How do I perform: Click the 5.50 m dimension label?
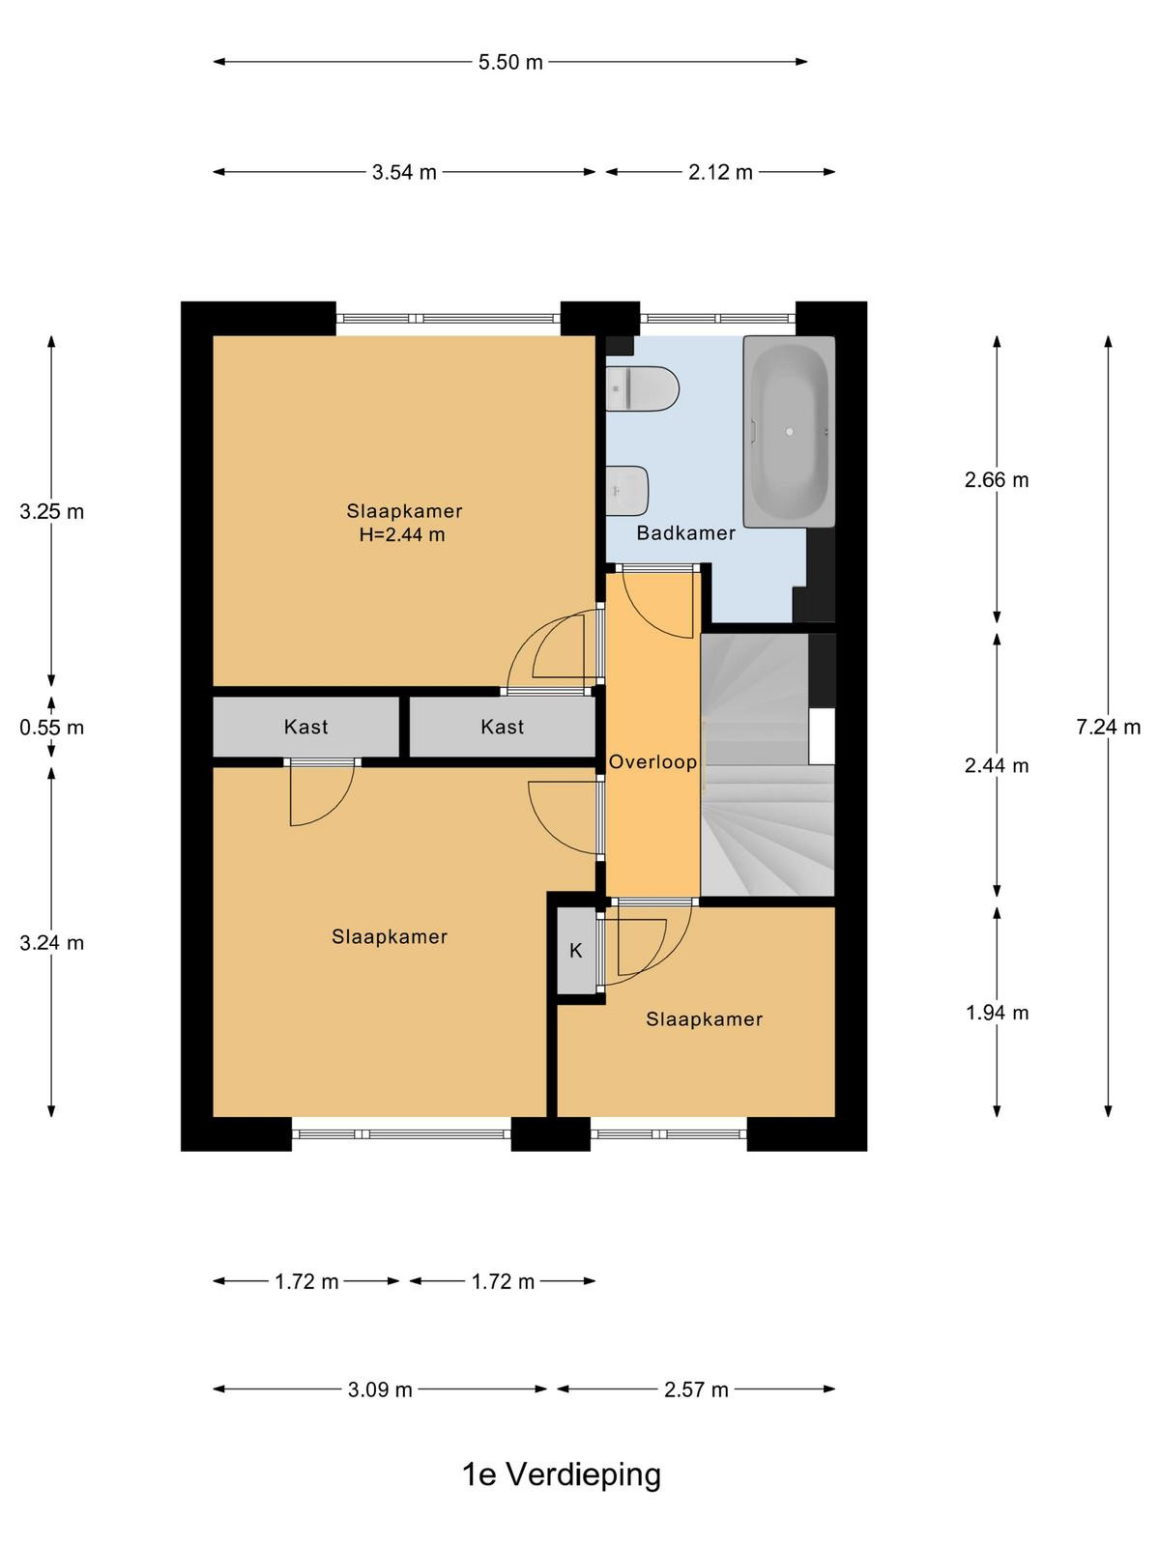[x=510, y=62]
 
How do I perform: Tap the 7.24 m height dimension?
[x=1108, y=727]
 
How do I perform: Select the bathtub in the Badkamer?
[x=789, y=431]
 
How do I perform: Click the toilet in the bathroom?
[x=642, y=388]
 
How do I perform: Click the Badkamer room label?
[x=685, y=533]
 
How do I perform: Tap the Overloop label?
[x=652, y=761]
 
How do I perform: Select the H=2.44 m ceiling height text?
[x=402, y=534]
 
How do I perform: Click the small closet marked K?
[x=576, y=950]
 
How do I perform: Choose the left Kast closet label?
[x=305, y=727]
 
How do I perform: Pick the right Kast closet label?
[x=502, y=727]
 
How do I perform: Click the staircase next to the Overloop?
[x=768, y=765]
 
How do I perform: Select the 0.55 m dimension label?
[x=51, y=727]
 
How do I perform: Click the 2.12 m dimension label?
[x=720, y=172]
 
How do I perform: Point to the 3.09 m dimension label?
[x=380, y=1389]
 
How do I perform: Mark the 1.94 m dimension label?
[x=997, y=1013]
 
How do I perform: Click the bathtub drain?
[x=790, y=431]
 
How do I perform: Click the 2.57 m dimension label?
[x=696, y=1389]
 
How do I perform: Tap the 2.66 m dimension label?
[x=997, y=480]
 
